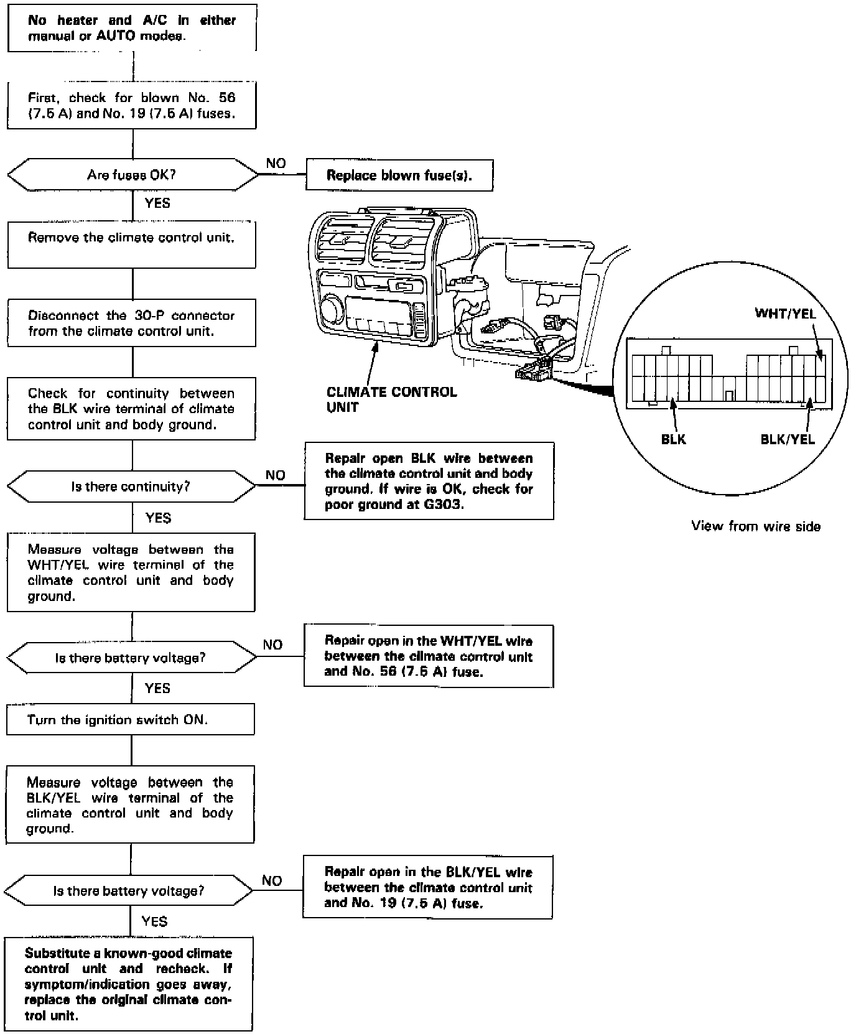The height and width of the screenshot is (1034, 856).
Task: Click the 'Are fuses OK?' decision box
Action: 131,175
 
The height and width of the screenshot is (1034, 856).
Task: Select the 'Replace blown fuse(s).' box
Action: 399,175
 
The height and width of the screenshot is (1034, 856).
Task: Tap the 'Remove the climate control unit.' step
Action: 131,244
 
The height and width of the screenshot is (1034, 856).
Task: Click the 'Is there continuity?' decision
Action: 131,487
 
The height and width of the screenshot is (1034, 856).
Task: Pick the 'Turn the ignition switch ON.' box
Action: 131,719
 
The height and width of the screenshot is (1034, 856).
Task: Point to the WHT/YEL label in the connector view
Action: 785,314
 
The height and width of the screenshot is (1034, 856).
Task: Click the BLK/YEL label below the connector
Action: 788,439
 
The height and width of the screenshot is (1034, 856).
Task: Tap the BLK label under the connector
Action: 673,439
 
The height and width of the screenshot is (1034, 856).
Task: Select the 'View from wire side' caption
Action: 756,526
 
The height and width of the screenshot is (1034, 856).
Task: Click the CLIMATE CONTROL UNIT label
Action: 391,399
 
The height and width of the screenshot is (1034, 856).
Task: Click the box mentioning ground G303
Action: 429,481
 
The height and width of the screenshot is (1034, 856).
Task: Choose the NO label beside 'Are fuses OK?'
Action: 276,164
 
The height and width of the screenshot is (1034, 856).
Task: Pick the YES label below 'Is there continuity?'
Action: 158,518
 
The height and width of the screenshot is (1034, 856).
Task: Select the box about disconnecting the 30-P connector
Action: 131,323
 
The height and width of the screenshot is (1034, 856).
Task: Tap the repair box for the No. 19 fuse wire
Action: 427,887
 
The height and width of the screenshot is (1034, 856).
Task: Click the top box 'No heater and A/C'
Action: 132,28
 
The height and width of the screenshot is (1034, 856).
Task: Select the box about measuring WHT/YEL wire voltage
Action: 131,572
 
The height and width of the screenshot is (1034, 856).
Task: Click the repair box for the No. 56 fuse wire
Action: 429,656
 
